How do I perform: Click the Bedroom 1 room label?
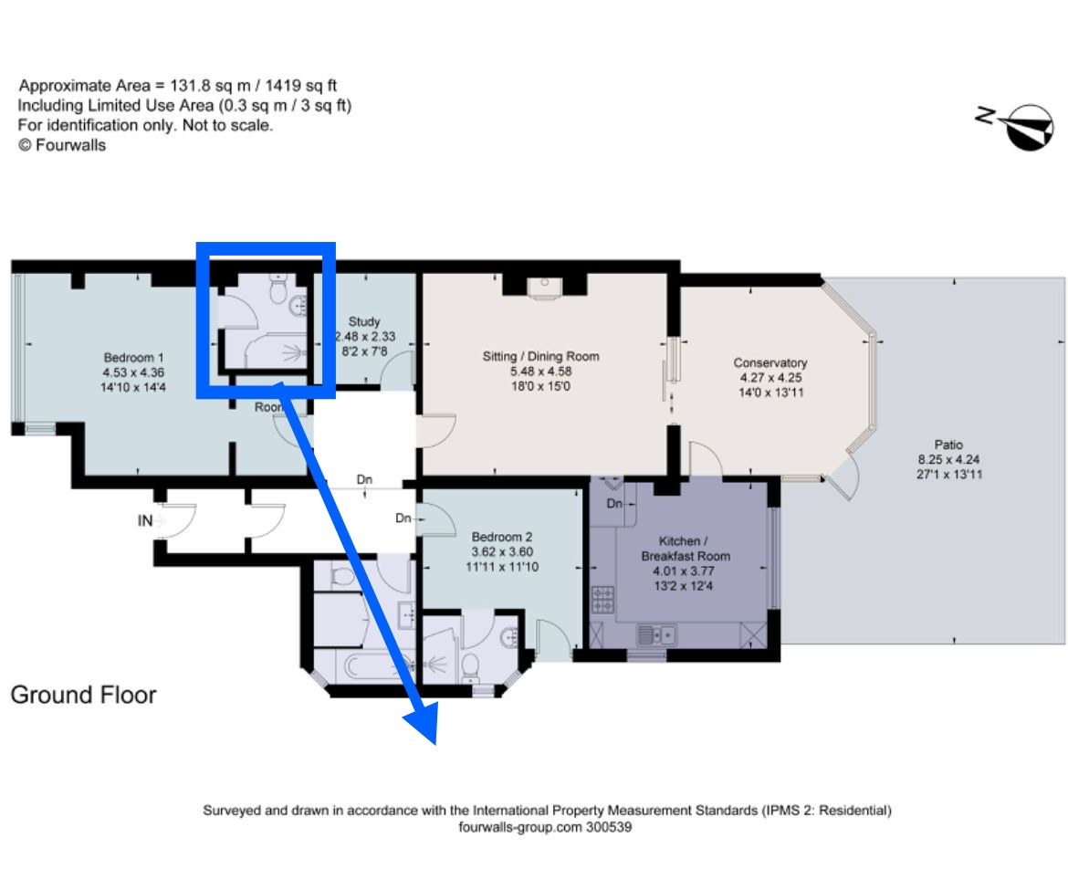[133, 358]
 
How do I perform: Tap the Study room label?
[363, 321]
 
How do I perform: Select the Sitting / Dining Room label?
[540, 356]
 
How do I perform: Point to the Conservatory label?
[770, 362]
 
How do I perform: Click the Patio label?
[948, 445]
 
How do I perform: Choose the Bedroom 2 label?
[502, 537]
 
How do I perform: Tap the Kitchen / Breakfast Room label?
[686, 549]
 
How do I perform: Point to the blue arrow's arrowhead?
[420, 723]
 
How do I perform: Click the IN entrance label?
[145, 521]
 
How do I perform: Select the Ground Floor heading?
[83, 695]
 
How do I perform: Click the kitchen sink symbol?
[656, 634]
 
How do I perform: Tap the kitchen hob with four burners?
[602, 600]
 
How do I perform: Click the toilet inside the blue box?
[277, 291]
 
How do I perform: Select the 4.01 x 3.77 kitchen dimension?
[683, 571]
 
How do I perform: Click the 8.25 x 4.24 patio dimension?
[948, 459]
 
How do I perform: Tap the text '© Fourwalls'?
[62, 145]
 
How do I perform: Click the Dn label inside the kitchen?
[614, 503]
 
